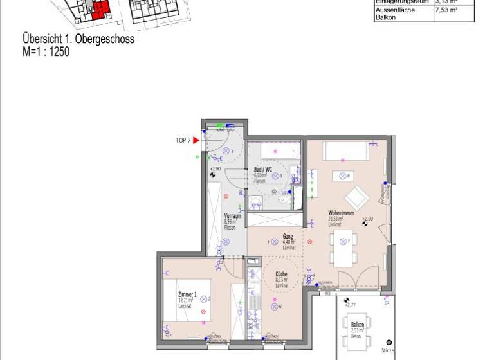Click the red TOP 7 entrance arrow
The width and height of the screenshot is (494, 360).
click(x=196, y=140)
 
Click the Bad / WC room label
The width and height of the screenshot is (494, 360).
click(x=263, y=170)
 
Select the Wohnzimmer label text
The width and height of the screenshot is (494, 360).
click(x=341, y=213)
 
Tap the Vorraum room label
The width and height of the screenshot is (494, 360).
click(x=232, y=216)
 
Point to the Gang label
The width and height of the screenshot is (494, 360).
click(x=288, y=236)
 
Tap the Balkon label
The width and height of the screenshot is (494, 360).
click(x=358, y=326)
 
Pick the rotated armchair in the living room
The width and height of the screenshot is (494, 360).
click(x=356, y=197)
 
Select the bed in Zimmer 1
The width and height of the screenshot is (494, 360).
click(x=187, y=299)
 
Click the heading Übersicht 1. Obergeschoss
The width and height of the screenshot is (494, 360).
click(x=78, y=40)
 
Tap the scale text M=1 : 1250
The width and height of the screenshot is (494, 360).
click(x=46, y=52)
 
